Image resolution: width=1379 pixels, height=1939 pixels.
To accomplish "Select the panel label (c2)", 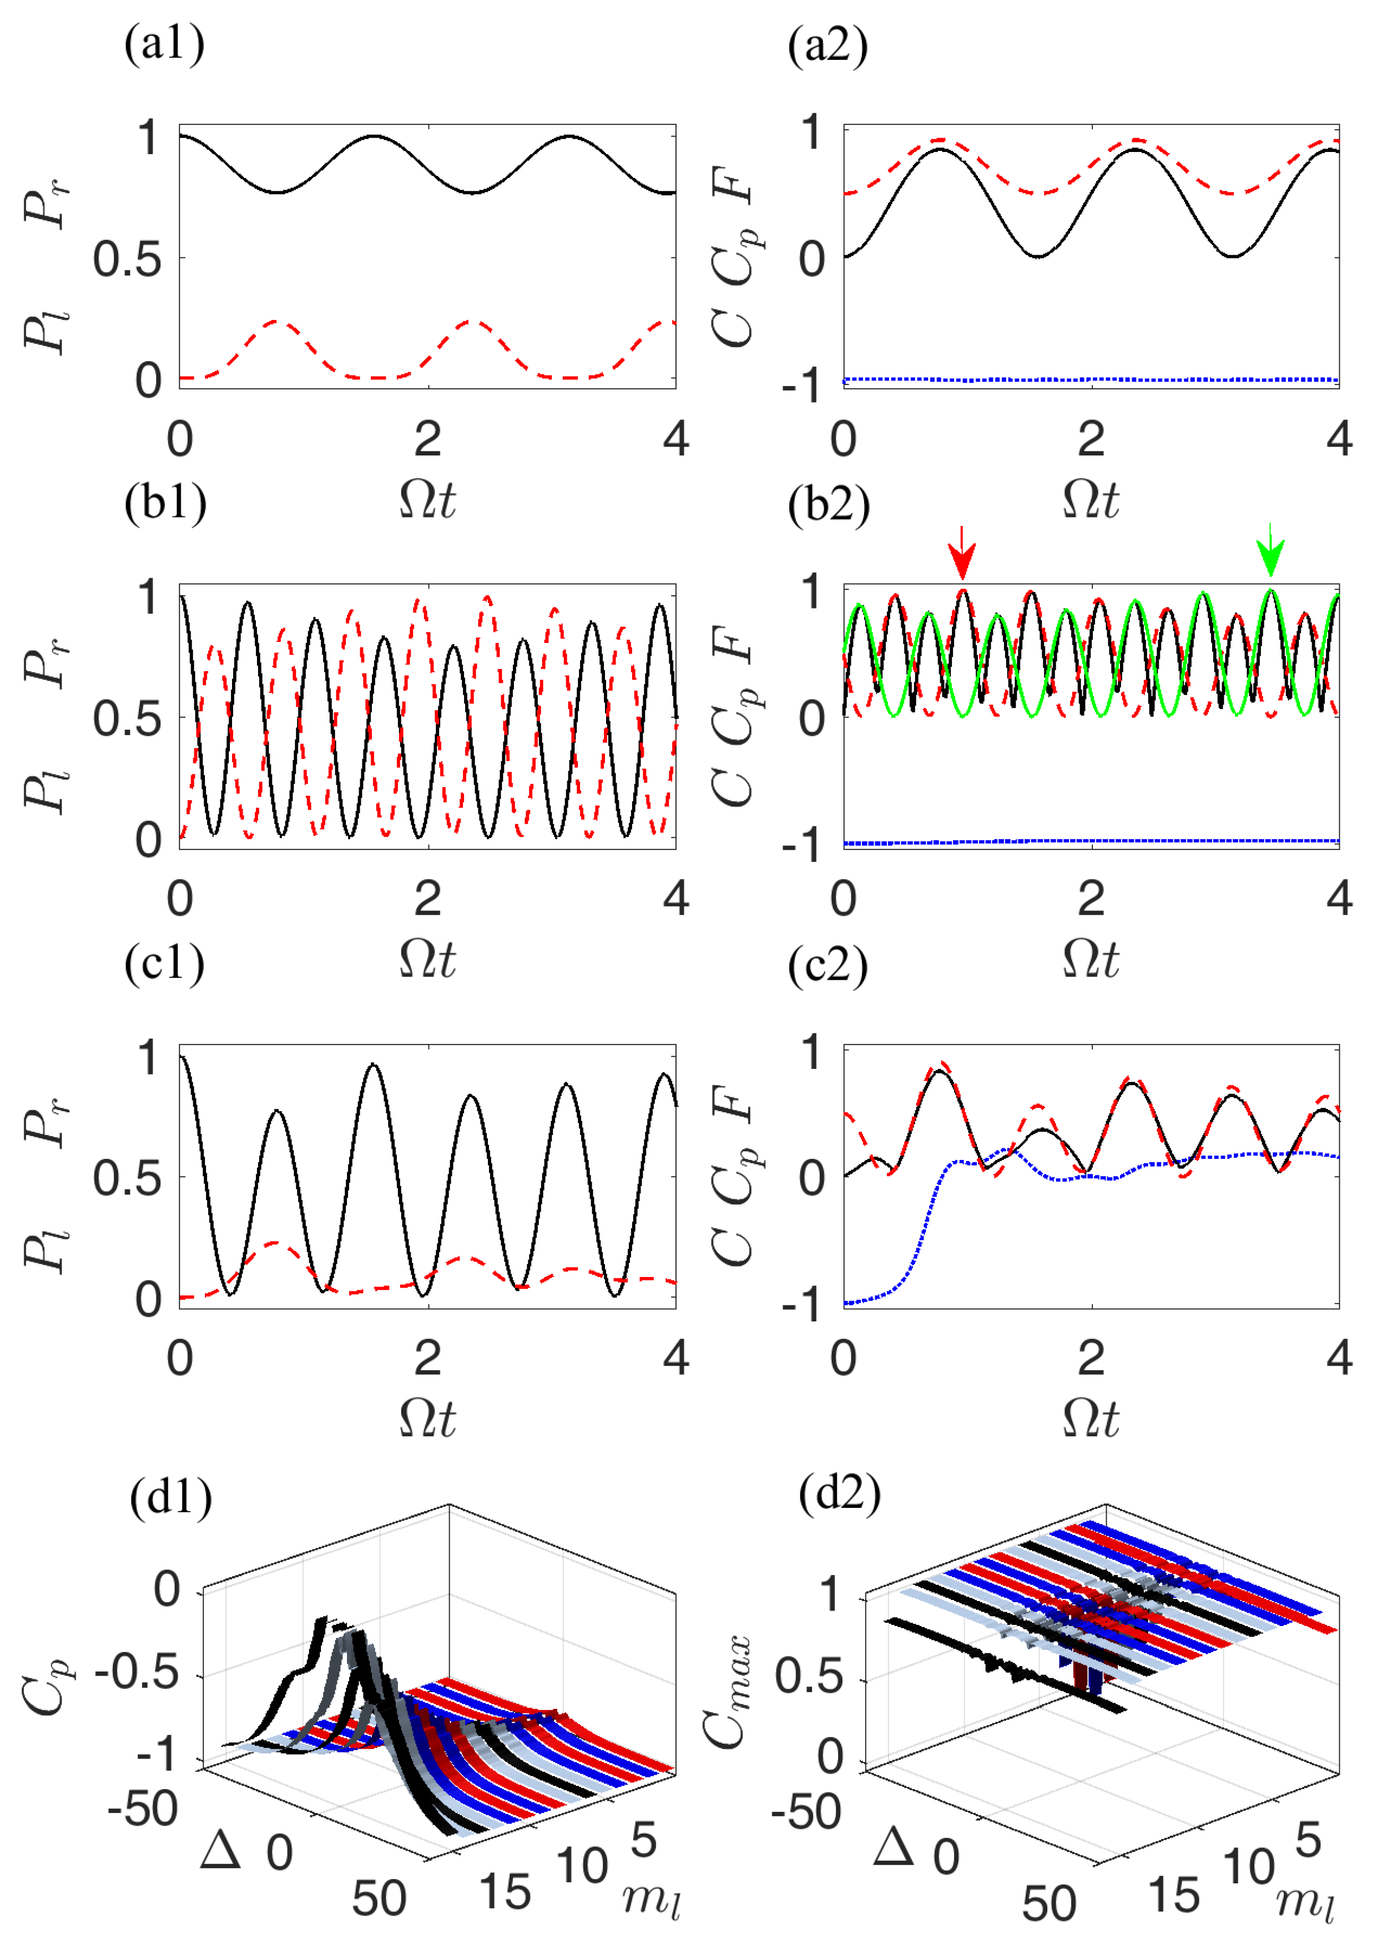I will tap(828, 965).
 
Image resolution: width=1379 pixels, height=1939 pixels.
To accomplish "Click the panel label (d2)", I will tap(840, 1493).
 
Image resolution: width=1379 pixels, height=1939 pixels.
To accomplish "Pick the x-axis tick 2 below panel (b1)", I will tap(428, 899).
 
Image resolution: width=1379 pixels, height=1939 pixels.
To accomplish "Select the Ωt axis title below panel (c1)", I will tap(428, 1418).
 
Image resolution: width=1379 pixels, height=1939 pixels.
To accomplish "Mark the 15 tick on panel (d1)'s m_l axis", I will tap(506, 1892).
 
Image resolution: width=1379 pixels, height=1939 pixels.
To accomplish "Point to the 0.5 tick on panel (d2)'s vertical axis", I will tap(808, 1678).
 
